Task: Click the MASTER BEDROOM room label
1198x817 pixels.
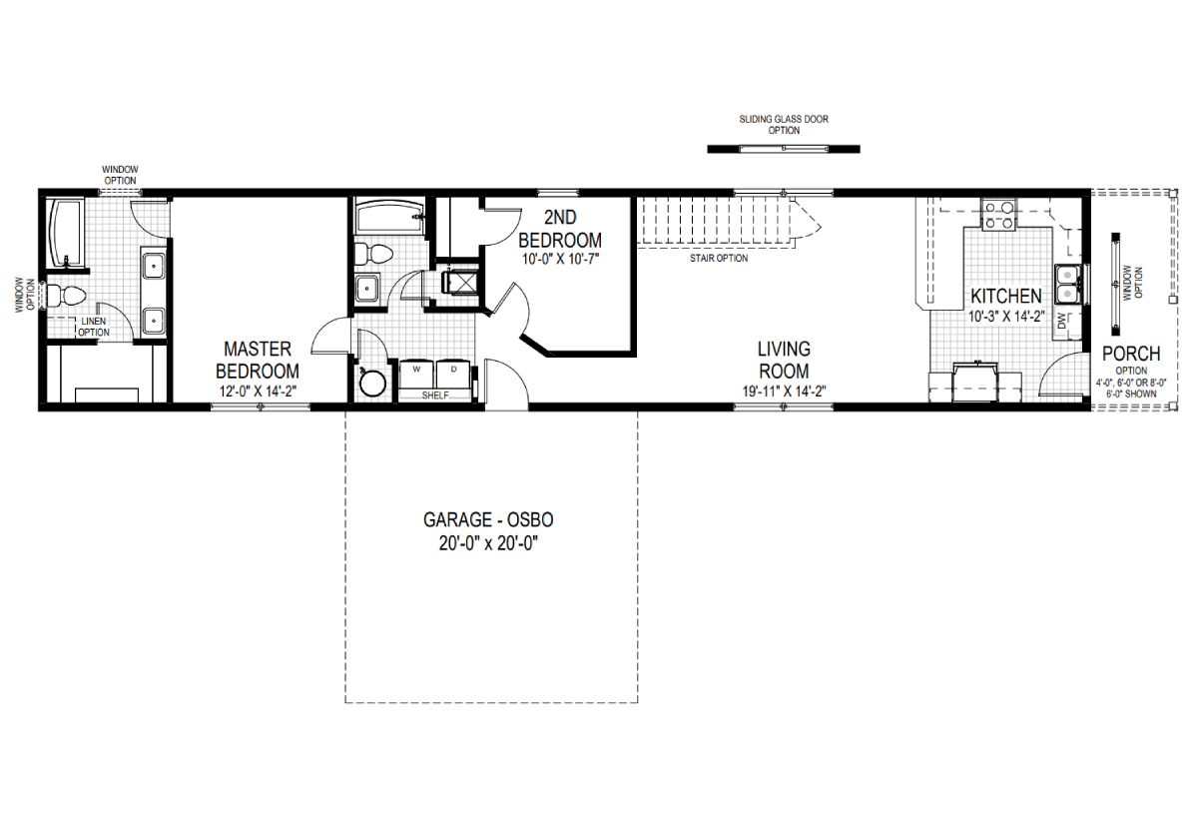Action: pos(258,360)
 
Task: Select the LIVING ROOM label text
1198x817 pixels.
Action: pos(783,360)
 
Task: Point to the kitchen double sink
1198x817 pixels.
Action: pos(1067,283)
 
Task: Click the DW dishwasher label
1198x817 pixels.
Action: pos(1061,321)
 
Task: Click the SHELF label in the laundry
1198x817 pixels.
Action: pos(435,396)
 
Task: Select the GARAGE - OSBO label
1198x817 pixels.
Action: pos(488,521)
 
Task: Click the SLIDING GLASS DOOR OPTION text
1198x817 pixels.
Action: pos(783,125)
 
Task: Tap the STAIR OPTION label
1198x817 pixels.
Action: pos(719,258)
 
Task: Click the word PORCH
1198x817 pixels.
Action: pos(1130,354)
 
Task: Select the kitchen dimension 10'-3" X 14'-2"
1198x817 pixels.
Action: pos(1006,317)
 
